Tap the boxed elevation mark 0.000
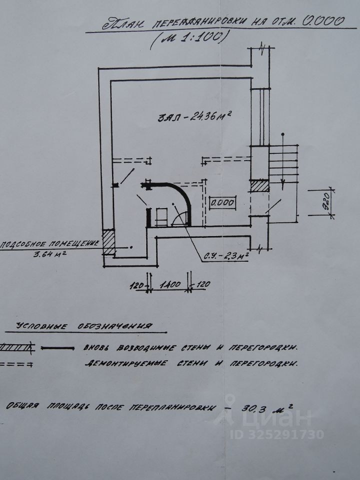(x=222, y=203)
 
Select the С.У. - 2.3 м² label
(x=225, y=256)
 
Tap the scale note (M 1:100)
(x=190, y=38)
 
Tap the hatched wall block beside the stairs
(x=260, y=186)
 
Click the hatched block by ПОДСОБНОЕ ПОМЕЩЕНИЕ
(x=108, y=242)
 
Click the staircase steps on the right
(x=284, y=162)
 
